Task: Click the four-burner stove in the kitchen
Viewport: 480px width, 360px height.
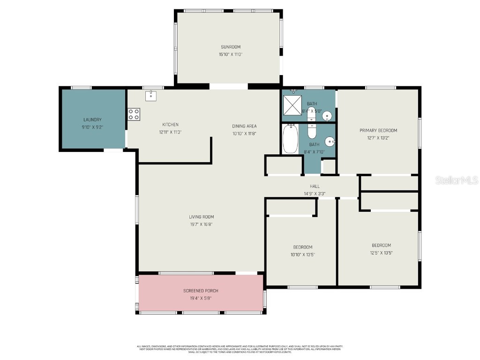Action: pos(134,114)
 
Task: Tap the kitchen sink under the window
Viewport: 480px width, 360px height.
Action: pos(151,96)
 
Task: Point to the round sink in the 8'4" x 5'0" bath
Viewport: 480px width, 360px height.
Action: pos(328,115)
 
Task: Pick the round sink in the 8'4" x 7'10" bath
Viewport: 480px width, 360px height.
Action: pos(330,141)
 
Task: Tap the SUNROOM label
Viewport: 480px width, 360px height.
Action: pos(231,47)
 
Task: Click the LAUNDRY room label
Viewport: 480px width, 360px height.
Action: pos(92,120)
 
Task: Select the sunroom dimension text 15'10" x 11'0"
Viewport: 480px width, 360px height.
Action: pos(231,54)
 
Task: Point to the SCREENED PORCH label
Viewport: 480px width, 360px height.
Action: pos(201,291)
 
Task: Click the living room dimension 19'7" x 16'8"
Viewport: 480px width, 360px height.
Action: pos(201,224)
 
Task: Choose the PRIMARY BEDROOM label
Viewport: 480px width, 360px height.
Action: pos(378,130)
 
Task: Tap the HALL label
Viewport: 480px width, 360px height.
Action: pos(315,186)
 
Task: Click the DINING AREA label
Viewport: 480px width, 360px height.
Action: pos(244,126)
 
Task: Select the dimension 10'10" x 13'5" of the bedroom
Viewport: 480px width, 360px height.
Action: pos(303,255)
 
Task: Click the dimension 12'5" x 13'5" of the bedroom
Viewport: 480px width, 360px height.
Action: pos(381,253)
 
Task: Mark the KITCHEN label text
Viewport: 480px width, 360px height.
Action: pos(170,125)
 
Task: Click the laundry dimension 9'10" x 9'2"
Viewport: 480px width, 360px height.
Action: pos(92,127)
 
